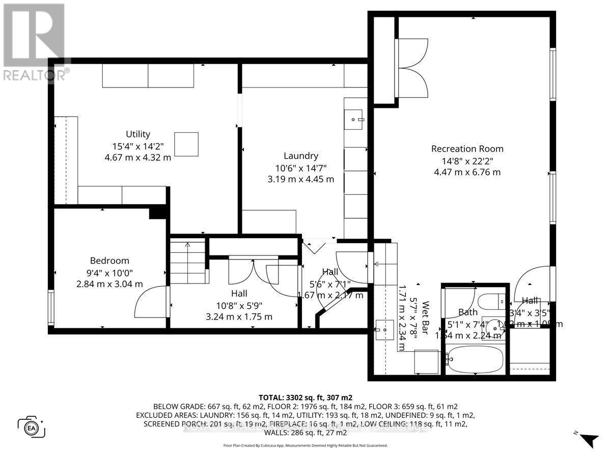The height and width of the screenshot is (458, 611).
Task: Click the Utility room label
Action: click(138, 134)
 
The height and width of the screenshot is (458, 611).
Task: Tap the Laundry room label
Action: click(300, 156)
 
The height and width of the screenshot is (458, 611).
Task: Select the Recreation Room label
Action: click(467, 149)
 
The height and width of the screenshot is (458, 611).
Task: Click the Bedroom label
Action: click(109, 261)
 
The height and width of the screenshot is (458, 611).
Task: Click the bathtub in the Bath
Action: click(477, 360)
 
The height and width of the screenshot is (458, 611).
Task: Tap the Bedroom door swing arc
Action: click(149, 302)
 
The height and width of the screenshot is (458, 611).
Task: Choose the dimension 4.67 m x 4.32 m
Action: click(138, 157)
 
